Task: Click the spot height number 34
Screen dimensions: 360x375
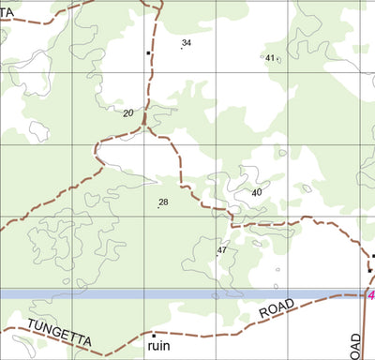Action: tap(187, 42)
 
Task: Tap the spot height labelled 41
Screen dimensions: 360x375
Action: tap(270, 58)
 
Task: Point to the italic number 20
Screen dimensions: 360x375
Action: tap(127, 113)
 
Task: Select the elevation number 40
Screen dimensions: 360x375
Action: tap(257, 192)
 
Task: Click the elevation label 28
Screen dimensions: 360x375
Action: tap(163, 202)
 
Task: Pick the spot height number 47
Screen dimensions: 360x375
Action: tap(222, 250)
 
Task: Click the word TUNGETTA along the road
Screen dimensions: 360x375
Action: tap(58, 332)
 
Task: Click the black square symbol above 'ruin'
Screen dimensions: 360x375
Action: tap(153, 335)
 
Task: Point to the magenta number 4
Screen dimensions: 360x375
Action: tap(370, 295)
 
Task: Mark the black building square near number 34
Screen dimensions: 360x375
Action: tap(148, 53)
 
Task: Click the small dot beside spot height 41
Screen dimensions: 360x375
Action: tap(262, 58)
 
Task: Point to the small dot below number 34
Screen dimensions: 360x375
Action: tap(181, 48)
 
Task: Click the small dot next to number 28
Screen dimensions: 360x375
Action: tap(157, 206)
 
